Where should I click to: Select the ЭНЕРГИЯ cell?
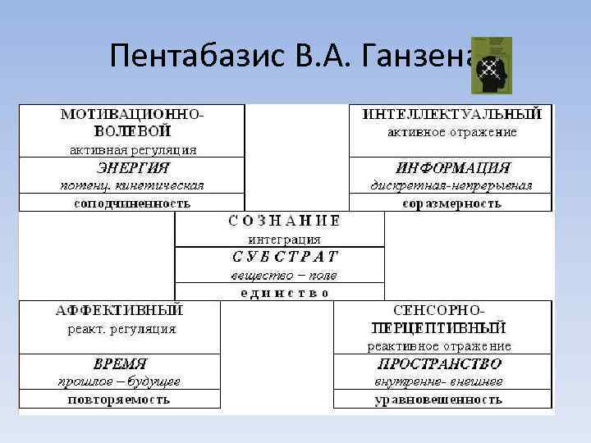tap(133, 167)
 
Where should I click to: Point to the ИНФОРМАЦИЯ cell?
tap(453, 167)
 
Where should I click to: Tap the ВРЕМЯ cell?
tap(120, 363)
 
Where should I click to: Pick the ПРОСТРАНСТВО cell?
tap(440, 363)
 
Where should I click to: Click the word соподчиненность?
tap(132, 203)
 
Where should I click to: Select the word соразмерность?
tap(452, 203)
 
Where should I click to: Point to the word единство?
tap(280, 292)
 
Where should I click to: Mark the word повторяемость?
tap(120, 400)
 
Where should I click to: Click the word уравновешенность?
tap(438, 400)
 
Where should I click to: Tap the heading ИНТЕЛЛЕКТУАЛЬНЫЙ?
tap(452, 114)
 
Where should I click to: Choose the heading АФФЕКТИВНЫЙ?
tap(121, 311)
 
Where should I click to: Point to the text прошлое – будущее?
tap(120, 381)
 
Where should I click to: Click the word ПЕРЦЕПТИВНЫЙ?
tap(440, 328)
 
